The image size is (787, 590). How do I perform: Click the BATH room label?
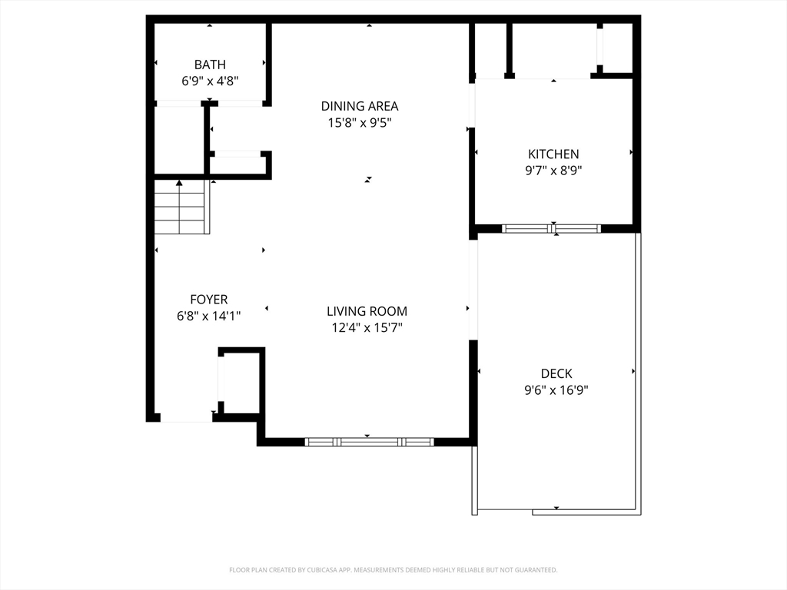click(x=210, y=65)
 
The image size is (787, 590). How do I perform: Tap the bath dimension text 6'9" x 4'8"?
click(x=210, y=81)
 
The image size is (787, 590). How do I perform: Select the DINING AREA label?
click(x=360, y=106)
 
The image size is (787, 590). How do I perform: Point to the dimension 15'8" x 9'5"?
click(x=360, y=122)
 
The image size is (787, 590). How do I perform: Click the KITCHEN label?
click(x=553, y=154)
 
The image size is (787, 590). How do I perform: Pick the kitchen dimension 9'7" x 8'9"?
click(x=553, y=171)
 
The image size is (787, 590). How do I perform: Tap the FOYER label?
click(x=209, y=300)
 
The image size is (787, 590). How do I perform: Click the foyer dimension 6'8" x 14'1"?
click(x=209, y=316)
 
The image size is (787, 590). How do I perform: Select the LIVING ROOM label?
click(x=367, y=311)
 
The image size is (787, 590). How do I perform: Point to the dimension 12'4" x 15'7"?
click(x=367, y=327)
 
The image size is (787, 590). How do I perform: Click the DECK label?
click(x=556, y=374)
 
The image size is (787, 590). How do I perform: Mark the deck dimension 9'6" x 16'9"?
click(x=556, y=389)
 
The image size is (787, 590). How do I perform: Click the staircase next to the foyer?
click(x=181, y=207)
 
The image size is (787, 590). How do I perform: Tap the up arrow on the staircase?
click(x=179, y=183)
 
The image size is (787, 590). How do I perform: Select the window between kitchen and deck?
click(x=551, y=229)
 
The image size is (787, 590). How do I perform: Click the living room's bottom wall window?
click(x=370, y=442)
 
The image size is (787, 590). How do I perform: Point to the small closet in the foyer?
click(x=240, y=381)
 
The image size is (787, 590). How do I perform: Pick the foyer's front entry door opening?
click(x=186, y=418)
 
